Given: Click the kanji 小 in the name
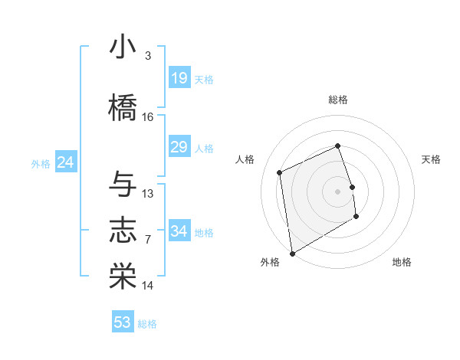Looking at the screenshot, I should pyautogui.click(x=123, y=47).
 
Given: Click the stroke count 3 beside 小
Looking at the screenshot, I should pyautogui.click(x=147, y=56).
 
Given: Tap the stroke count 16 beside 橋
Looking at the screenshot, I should pyautogui.click(x=148, y=117).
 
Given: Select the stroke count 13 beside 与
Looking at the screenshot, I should pyautogui.click(x=148, y=193).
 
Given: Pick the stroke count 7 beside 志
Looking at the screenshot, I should pyautogui.click(x=148, y=240).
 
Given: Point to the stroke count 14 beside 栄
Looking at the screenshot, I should pyautogui.click(x=148, y=286).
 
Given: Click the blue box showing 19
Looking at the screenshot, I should pyautogui.click(x=179, y=77).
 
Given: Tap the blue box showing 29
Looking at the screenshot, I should pyautogui.click(x=179, y=147).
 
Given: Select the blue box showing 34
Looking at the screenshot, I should pyautogui.click(x=179, y=231).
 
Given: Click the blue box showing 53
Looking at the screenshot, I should pyautogui.click(x=123, y=322).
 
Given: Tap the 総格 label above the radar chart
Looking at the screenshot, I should pyautogui.click(x=338, y=100).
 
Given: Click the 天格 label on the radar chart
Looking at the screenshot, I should pyautogui.click(x=431, y=159).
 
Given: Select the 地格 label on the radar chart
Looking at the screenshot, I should pyautogui.click(x=402, y=262).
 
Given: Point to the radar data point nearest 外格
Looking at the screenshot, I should pyautogui.click(x=291, y=253).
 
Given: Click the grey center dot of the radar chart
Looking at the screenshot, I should pyautogui.click(x=338, y=191).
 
